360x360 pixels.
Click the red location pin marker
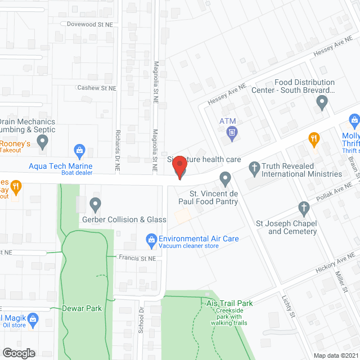click(179, 168)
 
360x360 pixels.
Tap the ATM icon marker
click(231, 133)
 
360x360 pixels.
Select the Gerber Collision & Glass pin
click(95, 203)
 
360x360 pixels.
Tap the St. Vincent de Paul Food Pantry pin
click(225, 179)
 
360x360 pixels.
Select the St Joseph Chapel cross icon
click(304, 209)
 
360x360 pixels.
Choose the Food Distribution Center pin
click(322, 103)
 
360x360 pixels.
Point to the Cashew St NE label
click(97, 88)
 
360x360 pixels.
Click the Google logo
click(18, 353)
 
